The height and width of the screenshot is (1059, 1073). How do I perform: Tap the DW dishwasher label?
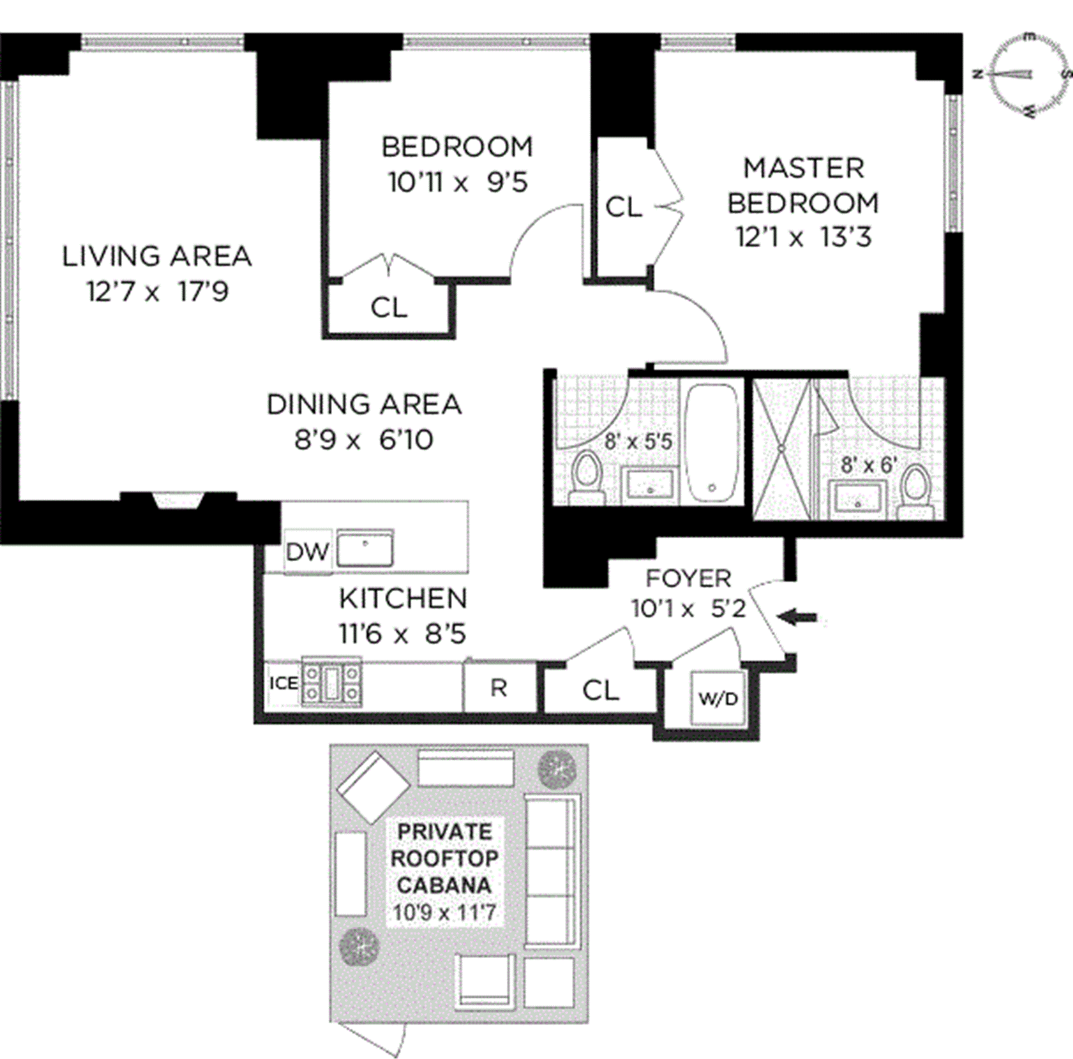pyautogui.click(x=307, y=552)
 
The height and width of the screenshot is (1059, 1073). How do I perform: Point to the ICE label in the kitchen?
pyautogui.click(x=284, y=683)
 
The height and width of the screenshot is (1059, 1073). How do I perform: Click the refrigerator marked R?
pyautogui.click(x=499, y=688)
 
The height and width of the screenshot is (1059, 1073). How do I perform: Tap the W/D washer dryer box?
pyautogui.click(x=718, y=698)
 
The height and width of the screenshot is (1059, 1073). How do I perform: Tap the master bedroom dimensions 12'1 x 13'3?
pyautogui.click(x=804, y=238)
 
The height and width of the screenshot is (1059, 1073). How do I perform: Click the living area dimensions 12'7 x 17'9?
pyautogui.click(x=158, y=291)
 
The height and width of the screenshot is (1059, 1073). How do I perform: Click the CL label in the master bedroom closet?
pyautogui.click(x=624, y=207)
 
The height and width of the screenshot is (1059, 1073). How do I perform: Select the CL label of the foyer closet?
pyautogui.click(x=601, y=690)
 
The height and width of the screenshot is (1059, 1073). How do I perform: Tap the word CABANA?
pyautogui.click(x=445, y=885)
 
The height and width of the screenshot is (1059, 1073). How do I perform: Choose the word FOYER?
pyautogui.click(x=689, y=578)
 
